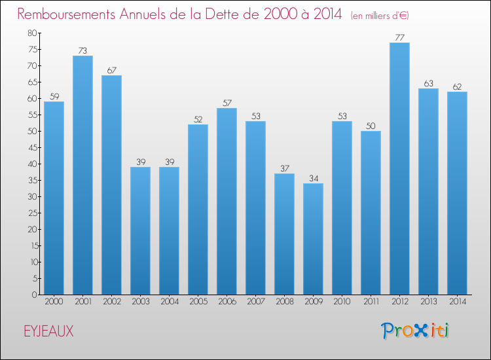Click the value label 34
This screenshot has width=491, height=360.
[x=313, y=179]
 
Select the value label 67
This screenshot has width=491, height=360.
[x=111, y=71]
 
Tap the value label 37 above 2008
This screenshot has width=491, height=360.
[x=284, y=169]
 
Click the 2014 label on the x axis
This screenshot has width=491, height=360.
[x=457, y=302]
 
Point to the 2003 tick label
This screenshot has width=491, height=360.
[x=140, y=302]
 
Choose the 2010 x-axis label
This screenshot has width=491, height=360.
[x=342, y=302]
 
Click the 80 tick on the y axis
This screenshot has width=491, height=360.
[x=32, y=33]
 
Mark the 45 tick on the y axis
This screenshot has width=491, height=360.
[x=32, y=147]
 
